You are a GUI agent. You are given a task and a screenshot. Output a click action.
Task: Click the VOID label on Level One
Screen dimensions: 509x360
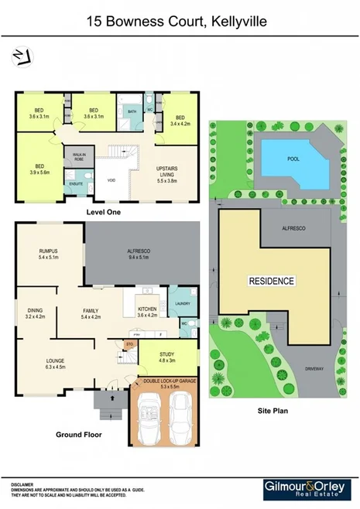pos(111,181)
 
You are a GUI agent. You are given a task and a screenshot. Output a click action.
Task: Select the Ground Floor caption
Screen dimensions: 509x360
pos(78,435)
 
